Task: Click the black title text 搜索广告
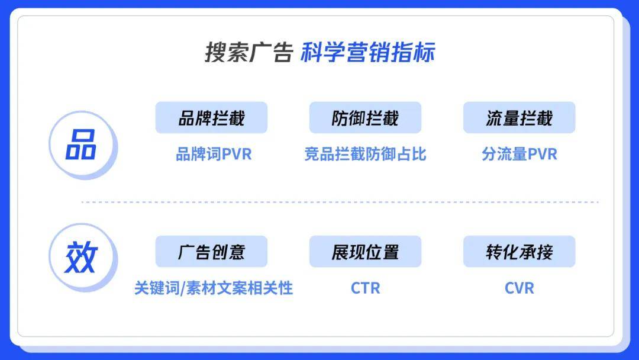(x=249, y=52)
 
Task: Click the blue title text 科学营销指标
(x=368, y=52)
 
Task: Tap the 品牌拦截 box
(x=211, y=117)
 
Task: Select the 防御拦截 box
(x=365, y=117)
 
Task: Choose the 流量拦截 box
(x=519, y=117)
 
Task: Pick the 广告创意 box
(x=211, y=251)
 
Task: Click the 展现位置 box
(x=365, y=251)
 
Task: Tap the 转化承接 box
(x=519, y=251)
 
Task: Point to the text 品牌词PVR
(x=214, y=154)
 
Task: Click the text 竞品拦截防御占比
(x=365, y=154)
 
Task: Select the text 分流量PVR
(x=519, y=154)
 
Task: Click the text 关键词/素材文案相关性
(x=214, y=288)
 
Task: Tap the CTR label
(x=365, y=288)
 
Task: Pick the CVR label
(x=519, y=288)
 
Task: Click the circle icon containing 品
(x=83, y=144)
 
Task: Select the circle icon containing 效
(x=83, y=257)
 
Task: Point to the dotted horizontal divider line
(x=340, y=202)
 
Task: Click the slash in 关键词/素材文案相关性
(x=183, y=288)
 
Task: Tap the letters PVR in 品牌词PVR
(x=237, y=154)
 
